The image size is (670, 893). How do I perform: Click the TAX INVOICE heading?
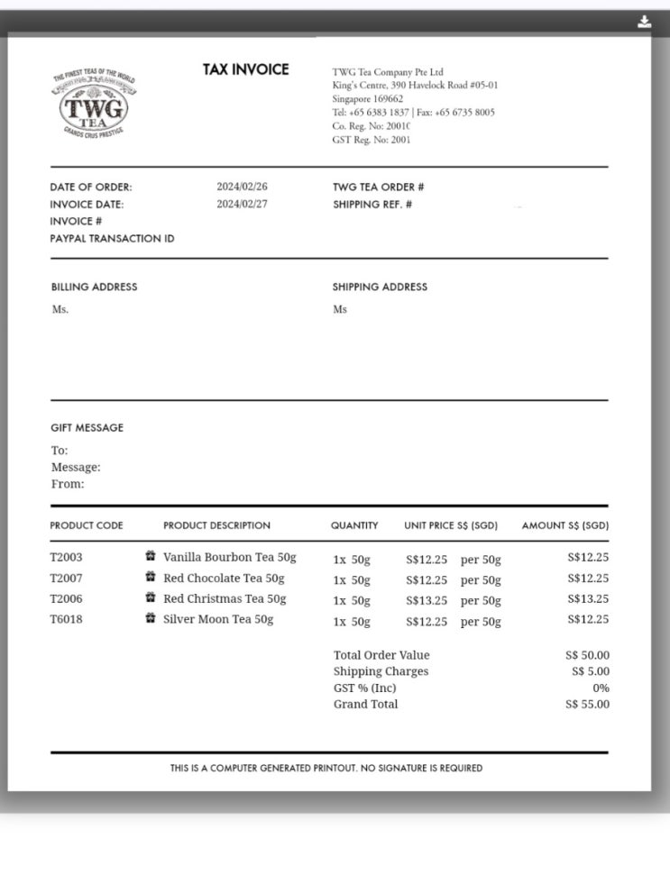click(x=245, y=69)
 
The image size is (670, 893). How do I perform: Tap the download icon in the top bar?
click(x=644, y=23)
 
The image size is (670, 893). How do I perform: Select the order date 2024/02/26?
click(x=242, y=187)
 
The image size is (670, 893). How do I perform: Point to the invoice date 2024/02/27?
click(x=242, y=204)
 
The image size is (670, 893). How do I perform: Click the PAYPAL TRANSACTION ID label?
click(x=112, y=239)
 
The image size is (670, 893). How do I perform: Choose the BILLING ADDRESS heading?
click(x=94, y=287)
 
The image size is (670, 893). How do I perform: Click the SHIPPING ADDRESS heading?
click(x=380, y=287)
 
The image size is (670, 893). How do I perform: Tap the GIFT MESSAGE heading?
click(x=87, y=427)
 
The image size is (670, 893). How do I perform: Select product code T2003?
click(x=66, y=558)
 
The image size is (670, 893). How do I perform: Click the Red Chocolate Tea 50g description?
click(x=224, y=579)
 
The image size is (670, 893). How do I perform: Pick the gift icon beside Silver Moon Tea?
click(x=151, y=619)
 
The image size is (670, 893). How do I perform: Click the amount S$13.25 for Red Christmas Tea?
click(x=588, y=599)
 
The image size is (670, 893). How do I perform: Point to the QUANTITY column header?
click(x=354, y=525)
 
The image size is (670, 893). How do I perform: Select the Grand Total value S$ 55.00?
click(x=587, y=705)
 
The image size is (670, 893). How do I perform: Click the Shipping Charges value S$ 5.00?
click(x=590, y=671)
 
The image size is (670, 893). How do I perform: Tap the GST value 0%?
click(x=601, y=688)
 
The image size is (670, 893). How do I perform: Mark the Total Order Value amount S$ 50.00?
click(x=587, y=655)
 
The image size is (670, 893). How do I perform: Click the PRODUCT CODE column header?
click(x=87, y=525)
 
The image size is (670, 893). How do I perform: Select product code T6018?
click(x=66, y=620)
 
